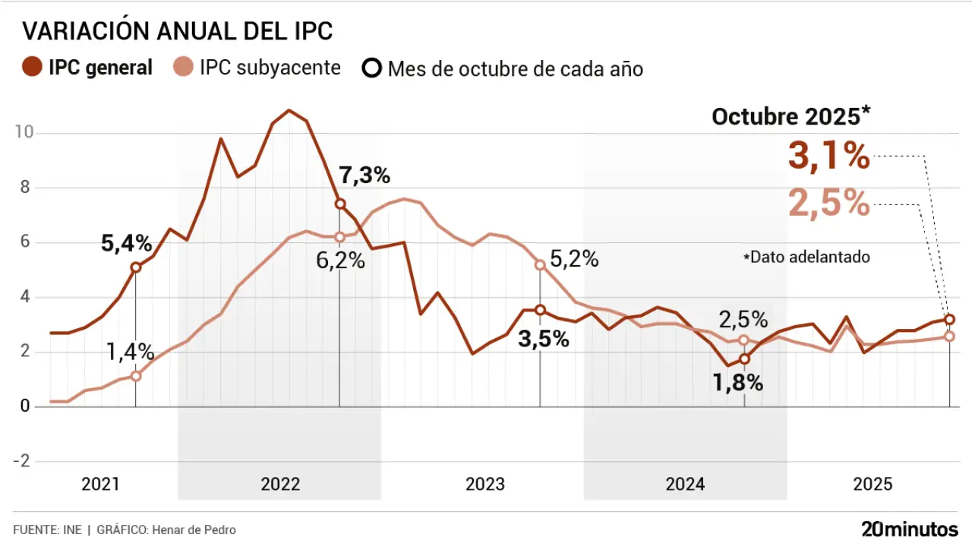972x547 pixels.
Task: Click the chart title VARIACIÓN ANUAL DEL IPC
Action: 178,31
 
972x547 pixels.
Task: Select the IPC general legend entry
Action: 88,68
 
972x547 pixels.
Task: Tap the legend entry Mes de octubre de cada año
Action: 503,68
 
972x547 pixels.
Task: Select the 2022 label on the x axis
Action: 280,485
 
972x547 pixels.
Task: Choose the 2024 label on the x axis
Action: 685,485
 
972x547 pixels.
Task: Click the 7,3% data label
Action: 364,175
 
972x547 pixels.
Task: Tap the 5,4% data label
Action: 127,244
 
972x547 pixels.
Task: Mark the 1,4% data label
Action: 130,352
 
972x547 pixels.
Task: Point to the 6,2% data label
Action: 340,261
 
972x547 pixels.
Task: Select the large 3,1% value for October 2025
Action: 828,157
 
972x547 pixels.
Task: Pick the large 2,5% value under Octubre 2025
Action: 828,203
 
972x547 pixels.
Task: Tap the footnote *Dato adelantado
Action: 806,257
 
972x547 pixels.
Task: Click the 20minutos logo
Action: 910,529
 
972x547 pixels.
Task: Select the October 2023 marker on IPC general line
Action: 540,310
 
